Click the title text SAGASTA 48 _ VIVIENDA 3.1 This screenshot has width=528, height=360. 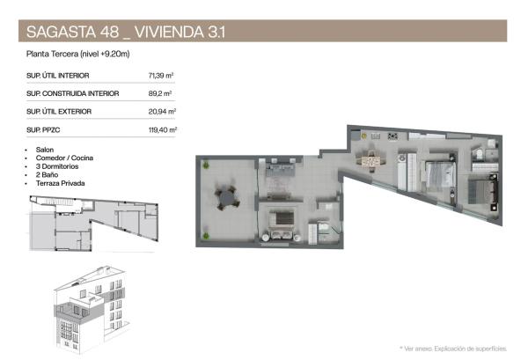click(128, 33)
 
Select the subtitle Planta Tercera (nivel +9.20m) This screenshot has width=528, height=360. click(78, 55)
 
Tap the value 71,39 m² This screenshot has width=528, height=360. click(163, 75)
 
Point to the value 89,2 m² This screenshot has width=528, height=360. click(160, 93)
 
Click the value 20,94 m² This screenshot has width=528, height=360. click(163, 112)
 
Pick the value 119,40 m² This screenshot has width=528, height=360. click(163, 130)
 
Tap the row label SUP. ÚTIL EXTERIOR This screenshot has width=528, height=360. click(59, 112)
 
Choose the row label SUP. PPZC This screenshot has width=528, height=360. click(45, 130)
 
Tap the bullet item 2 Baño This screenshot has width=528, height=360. click(48, 174)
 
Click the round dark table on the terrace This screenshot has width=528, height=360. click(228, 198)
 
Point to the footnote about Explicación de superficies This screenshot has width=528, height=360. click(453, 349)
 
